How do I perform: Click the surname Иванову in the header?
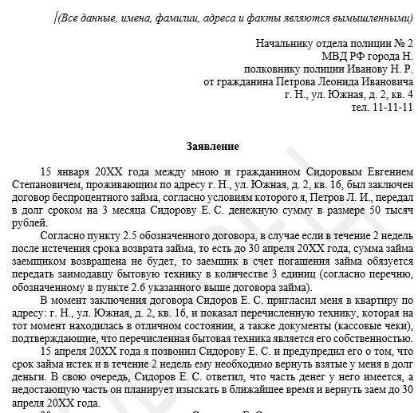click(x=346, y=69)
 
